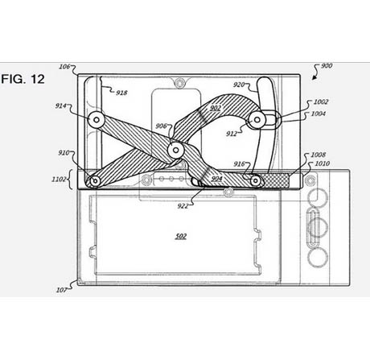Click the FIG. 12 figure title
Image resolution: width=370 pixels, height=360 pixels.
tap(23, 79)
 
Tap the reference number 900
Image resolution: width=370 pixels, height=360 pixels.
tap(327, 66)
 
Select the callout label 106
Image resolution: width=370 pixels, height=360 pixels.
tap(64, 67)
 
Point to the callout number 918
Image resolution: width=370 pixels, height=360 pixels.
tap(121, 93)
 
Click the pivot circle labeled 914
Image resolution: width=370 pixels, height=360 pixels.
tap(97, 119)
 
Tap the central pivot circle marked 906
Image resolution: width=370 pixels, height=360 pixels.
tap(175, 150)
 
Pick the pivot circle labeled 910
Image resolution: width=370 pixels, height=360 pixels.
tap(95, 181)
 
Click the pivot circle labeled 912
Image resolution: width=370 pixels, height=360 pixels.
tap(257, 120)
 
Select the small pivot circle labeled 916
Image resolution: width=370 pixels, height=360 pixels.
tap(256, 180)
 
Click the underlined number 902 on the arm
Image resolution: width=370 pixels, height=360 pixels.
tap(216, 108)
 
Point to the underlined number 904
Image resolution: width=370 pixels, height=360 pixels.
tap(216, 179)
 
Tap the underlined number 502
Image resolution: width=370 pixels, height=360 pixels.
tap(181, 236)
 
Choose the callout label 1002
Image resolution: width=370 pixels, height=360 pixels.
tap(321, 101)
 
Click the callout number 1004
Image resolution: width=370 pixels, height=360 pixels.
tap(319, 114)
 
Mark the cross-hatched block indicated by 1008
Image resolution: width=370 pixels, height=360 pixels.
tap(276, 180)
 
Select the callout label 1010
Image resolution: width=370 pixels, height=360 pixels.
tap(323, 163)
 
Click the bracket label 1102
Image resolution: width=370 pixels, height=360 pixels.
tap(59, 179)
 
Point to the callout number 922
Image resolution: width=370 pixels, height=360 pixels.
tap(183, 206)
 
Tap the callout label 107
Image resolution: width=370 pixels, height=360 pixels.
tap(61, 290)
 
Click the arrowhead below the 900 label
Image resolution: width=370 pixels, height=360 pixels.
tap(314, 78)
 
